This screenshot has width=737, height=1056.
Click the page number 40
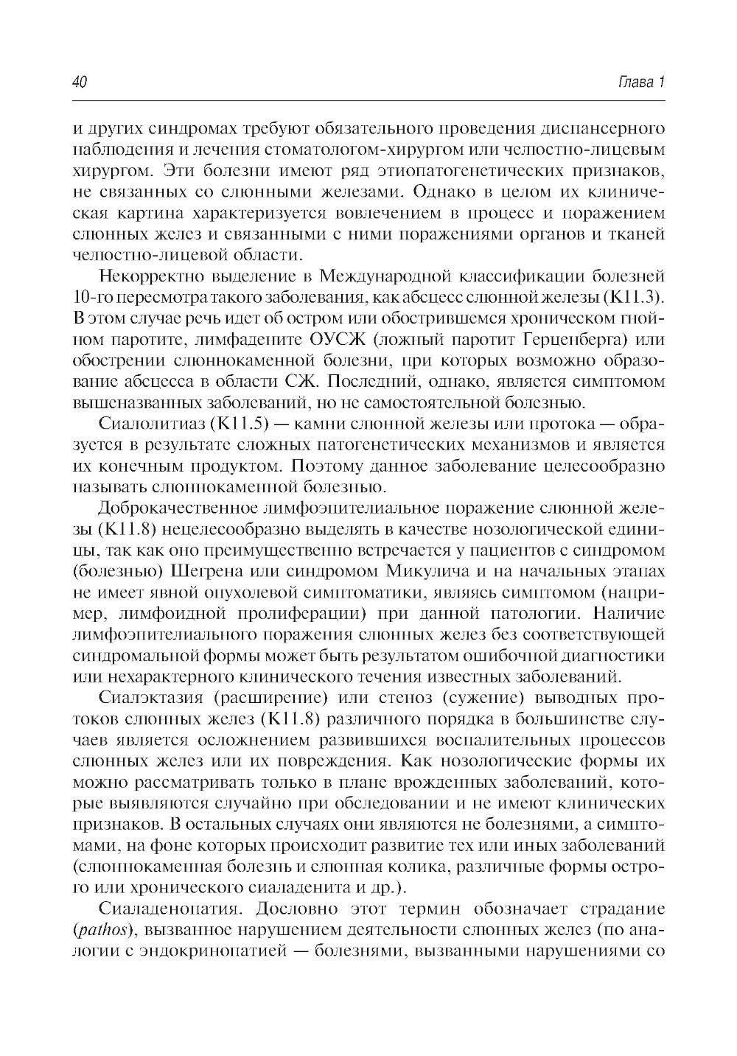80,82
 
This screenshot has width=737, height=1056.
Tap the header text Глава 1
640,82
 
